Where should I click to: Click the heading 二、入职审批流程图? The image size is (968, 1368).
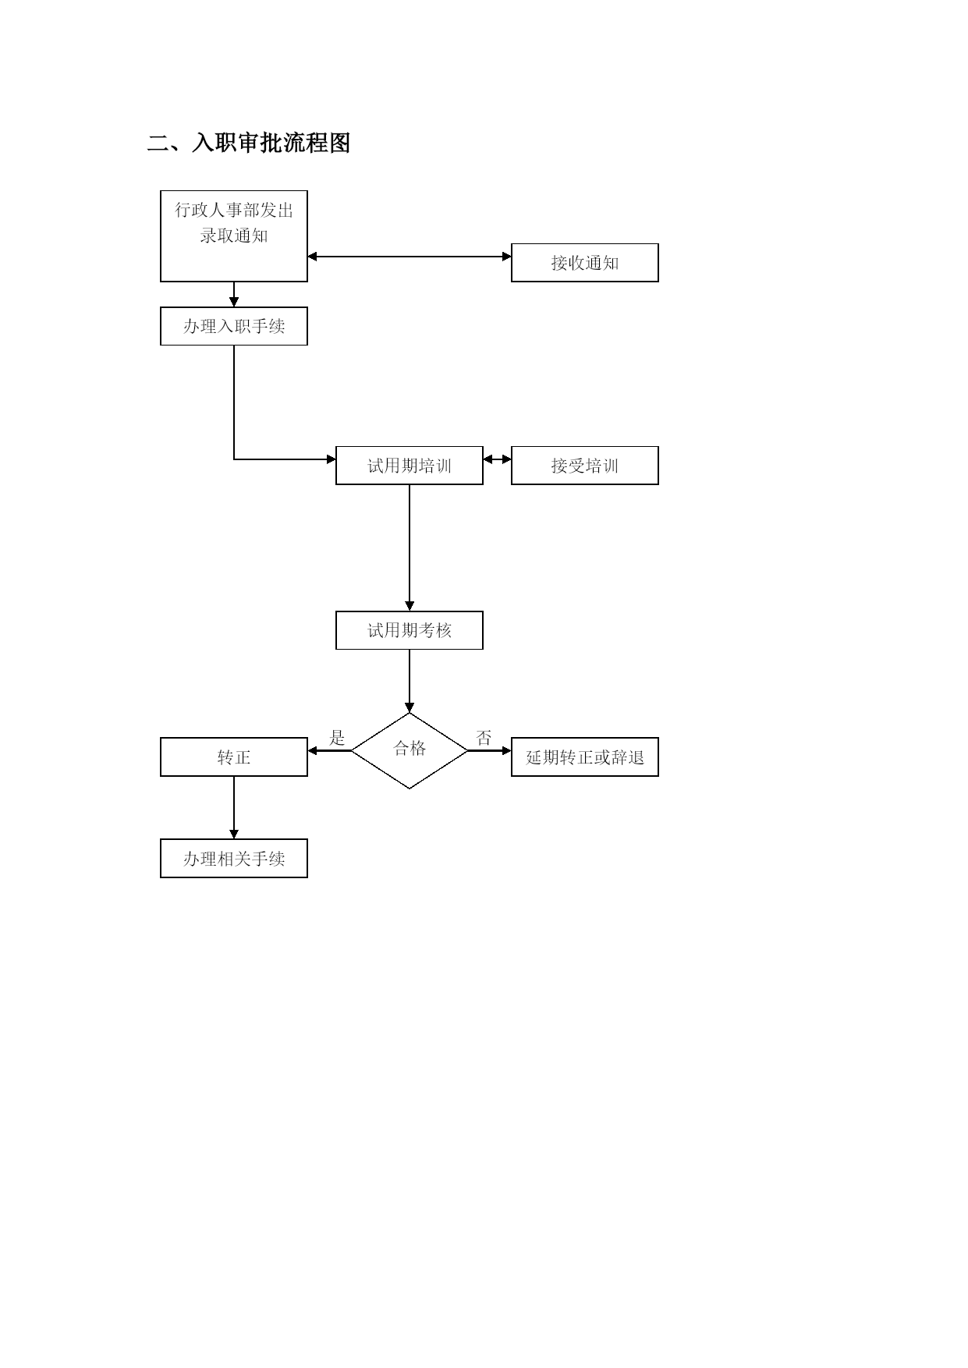[x=249, y=143]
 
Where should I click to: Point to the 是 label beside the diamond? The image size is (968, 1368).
[x=337, y=737]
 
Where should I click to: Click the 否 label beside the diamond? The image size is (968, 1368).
[x=484, y=737]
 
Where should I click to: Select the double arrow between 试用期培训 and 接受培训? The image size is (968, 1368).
[x=497, y=459]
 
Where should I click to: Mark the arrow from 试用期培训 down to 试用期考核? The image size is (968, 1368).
[x=410, y=548]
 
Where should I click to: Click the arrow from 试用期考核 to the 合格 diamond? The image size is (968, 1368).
[x=410, y=681]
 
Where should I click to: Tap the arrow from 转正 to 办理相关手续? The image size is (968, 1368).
[x=234, y=807]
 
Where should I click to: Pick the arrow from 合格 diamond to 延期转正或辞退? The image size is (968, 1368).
[x=489, y=750]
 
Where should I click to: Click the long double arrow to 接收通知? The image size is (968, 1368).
[x=410, y=256]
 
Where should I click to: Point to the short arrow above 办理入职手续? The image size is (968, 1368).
[x=234, y=294]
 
